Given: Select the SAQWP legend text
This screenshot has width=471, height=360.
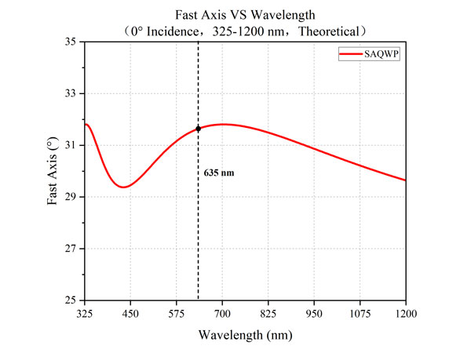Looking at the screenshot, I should click(x=382, y=53).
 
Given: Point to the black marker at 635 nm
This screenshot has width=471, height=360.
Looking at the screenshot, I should click(x=199, y=128).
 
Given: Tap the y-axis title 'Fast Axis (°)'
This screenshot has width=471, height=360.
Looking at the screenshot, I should click(x=52, y=171).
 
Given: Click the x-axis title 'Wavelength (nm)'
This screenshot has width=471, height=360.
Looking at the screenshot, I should click(x=245, y=336).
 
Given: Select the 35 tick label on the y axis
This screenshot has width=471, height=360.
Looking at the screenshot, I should click(x=71, y=42).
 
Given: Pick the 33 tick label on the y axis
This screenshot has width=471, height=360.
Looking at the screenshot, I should click(x=71, y=93).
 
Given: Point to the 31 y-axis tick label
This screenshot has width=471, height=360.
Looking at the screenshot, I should click(x=71, y=145).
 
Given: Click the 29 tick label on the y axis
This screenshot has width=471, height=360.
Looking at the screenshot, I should click(x=71, y=197).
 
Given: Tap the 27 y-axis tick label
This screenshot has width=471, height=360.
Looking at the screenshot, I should click(x=71, y=249).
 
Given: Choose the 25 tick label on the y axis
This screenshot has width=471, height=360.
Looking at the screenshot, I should click(x=71, y=300).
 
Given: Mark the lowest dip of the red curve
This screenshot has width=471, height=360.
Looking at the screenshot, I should click(x=122, y=187).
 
